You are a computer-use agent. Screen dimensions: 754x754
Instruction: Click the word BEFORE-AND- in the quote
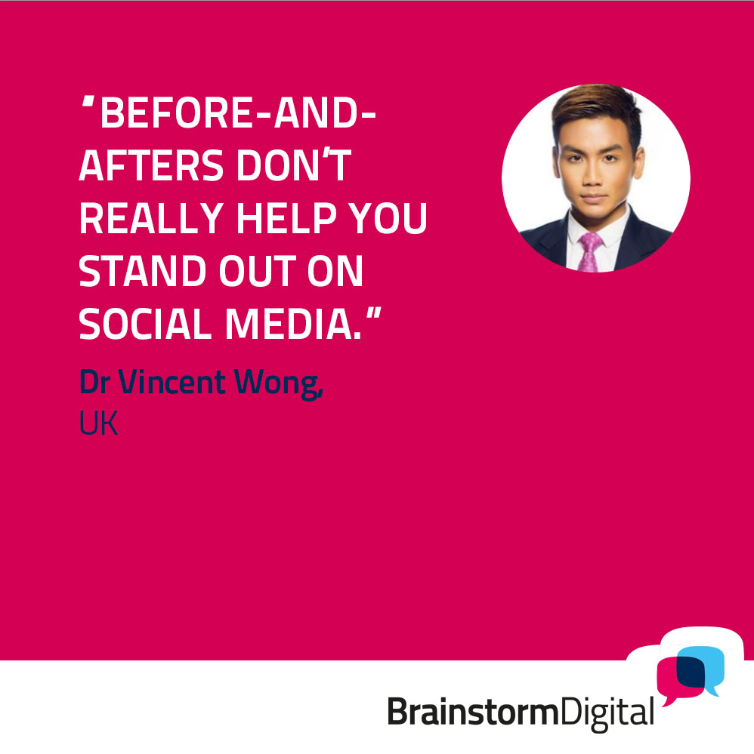coord(238,113)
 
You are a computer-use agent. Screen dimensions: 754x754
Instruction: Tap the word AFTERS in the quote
coord(151,165)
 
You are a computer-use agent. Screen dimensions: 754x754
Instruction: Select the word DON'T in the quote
coord(294,165)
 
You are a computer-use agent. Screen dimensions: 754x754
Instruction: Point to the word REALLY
coord(151,218)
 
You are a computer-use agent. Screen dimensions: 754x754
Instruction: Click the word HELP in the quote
coord(286,218)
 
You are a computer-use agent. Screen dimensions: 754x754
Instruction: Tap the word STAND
coord(143,271)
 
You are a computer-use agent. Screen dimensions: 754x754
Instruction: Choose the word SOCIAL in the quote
coord(145,324)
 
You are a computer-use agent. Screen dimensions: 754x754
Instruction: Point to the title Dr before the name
coord(95,383)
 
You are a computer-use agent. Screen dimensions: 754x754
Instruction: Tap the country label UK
coord(99,423)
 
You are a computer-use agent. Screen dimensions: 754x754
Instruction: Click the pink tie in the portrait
coord(589,252)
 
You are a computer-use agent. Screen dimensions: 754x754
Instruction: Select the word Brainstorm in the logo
coord(472,712)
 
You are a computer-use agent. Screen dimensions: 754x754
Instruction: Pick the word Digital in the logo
coord(607,714)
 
